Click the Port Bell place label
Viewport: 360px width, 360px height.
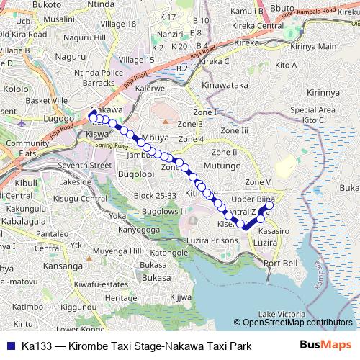coord(280,264)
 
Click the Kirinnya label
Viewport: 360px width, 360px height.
coord(323,93)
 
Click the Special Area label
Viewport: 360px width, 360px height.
coord(312,109)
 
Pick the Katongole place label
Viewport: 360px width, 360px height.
coord(169,253)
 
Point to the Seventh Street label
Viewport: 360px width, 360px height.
coord(86,165)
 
